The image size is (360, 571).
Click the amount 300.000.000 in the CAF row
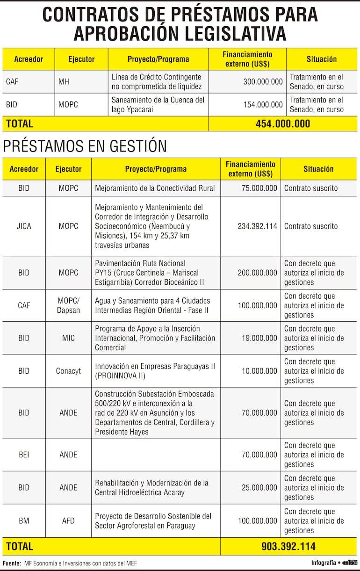pos(263,81)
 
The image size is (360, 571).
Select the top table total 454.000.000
pos(282,124)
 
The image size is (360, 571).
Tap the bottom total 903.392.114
pos(288,546)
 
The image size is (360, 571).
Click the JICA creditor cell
pos(24,226)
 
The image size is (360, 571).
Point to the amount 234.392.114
pos(257,226)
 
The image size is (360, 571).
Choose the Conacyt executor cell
pos(68,371)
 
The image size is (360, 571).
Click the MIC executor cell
pos(68,338)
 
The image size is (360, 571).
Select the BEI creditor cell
pos(24,455)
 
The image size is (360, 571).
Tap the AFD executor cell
pos(68,520)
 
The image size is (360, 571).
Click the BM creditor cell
pos(24,520)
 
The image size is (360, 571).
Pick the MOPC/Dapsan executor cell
pos(68,305)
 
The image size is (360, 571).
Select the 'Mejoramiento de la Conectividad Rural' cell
pos(155,188)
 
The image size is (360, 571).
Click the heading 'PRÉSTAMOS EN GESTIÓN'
pos(85,146)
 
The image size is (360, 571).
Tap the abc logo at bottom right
pos(350,563)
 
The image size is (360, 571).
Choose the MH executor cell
pos(64,81)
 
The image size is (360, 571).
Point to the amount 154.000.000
pos(263,105)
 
